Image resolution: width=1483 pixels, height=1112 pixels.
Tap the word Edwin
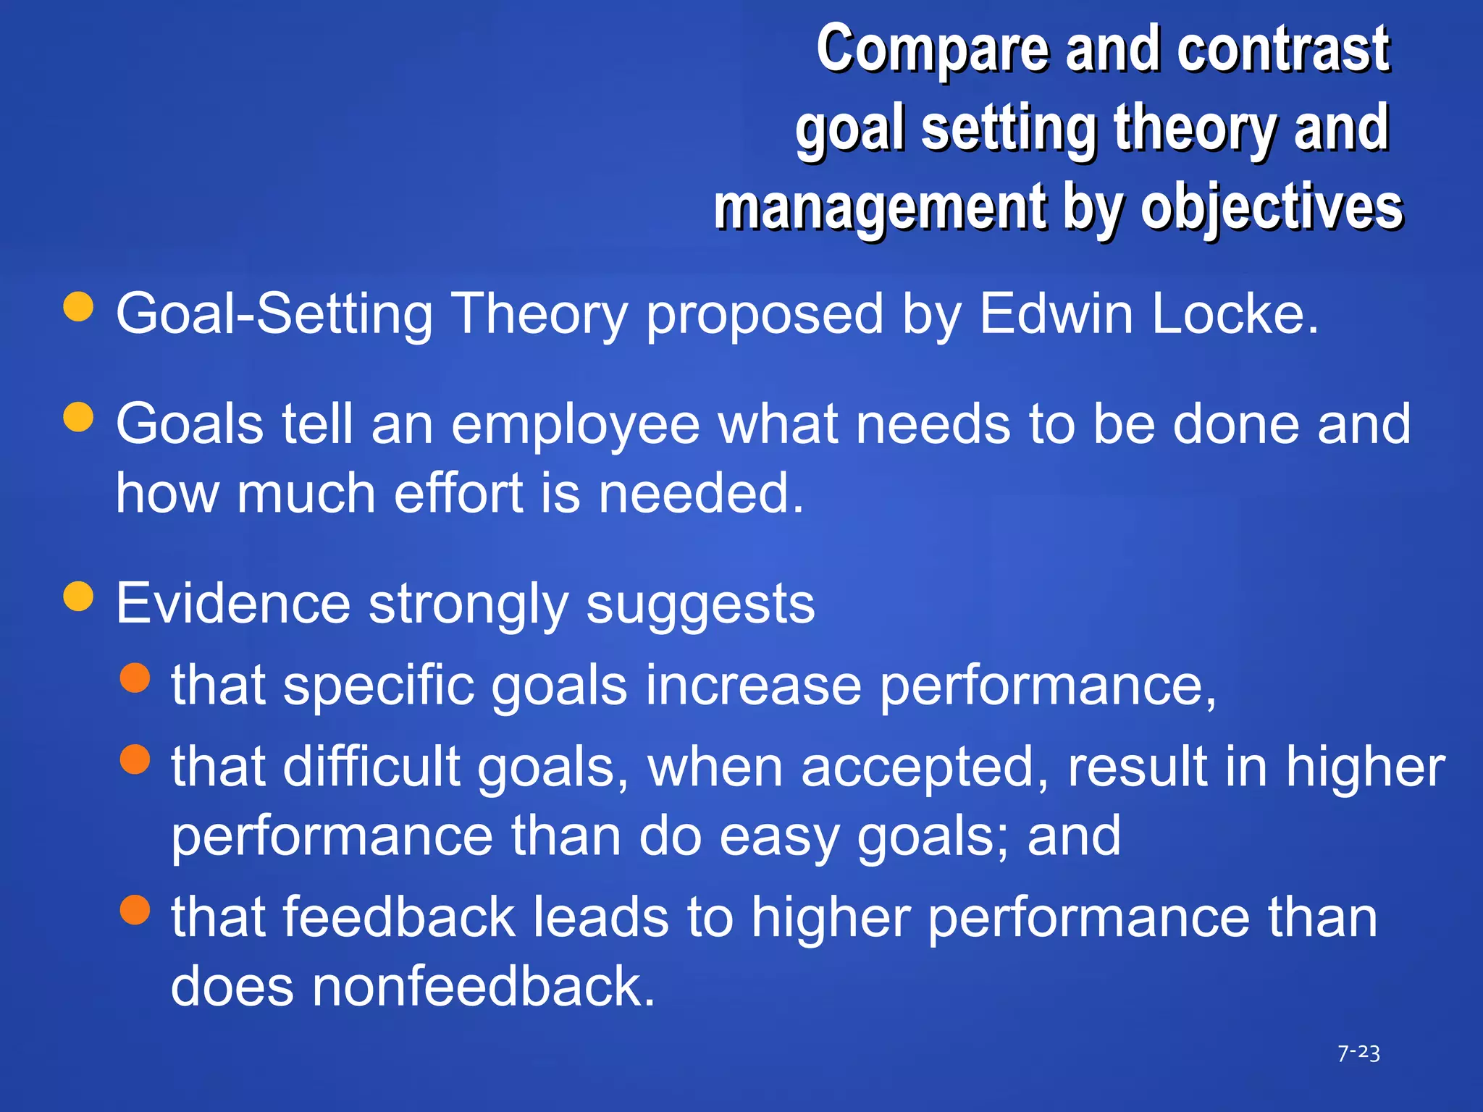click(1056, 314)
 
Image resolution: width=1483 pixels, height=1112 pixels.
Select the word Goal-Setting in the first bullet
click(274, 314)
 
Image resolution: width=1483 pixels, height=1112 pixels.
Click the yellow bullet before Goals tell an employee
click(78, 417)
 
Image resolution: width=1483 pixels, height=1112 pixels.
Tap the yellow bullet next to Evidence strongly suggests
click(78, 597)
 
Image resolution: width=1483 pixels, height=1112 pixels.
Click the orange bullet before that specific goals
click(135, 678)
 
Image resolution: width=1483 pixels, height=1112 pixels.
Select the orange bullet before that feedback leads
click(135, 910)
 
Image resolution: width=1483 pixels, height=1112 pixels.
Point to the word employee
click(575, 426)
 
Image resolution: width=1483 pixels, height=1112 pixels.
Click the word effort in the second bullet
click(458, 494)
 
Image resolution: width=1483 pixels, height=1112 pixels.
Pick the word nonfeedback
click(477, 987)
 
